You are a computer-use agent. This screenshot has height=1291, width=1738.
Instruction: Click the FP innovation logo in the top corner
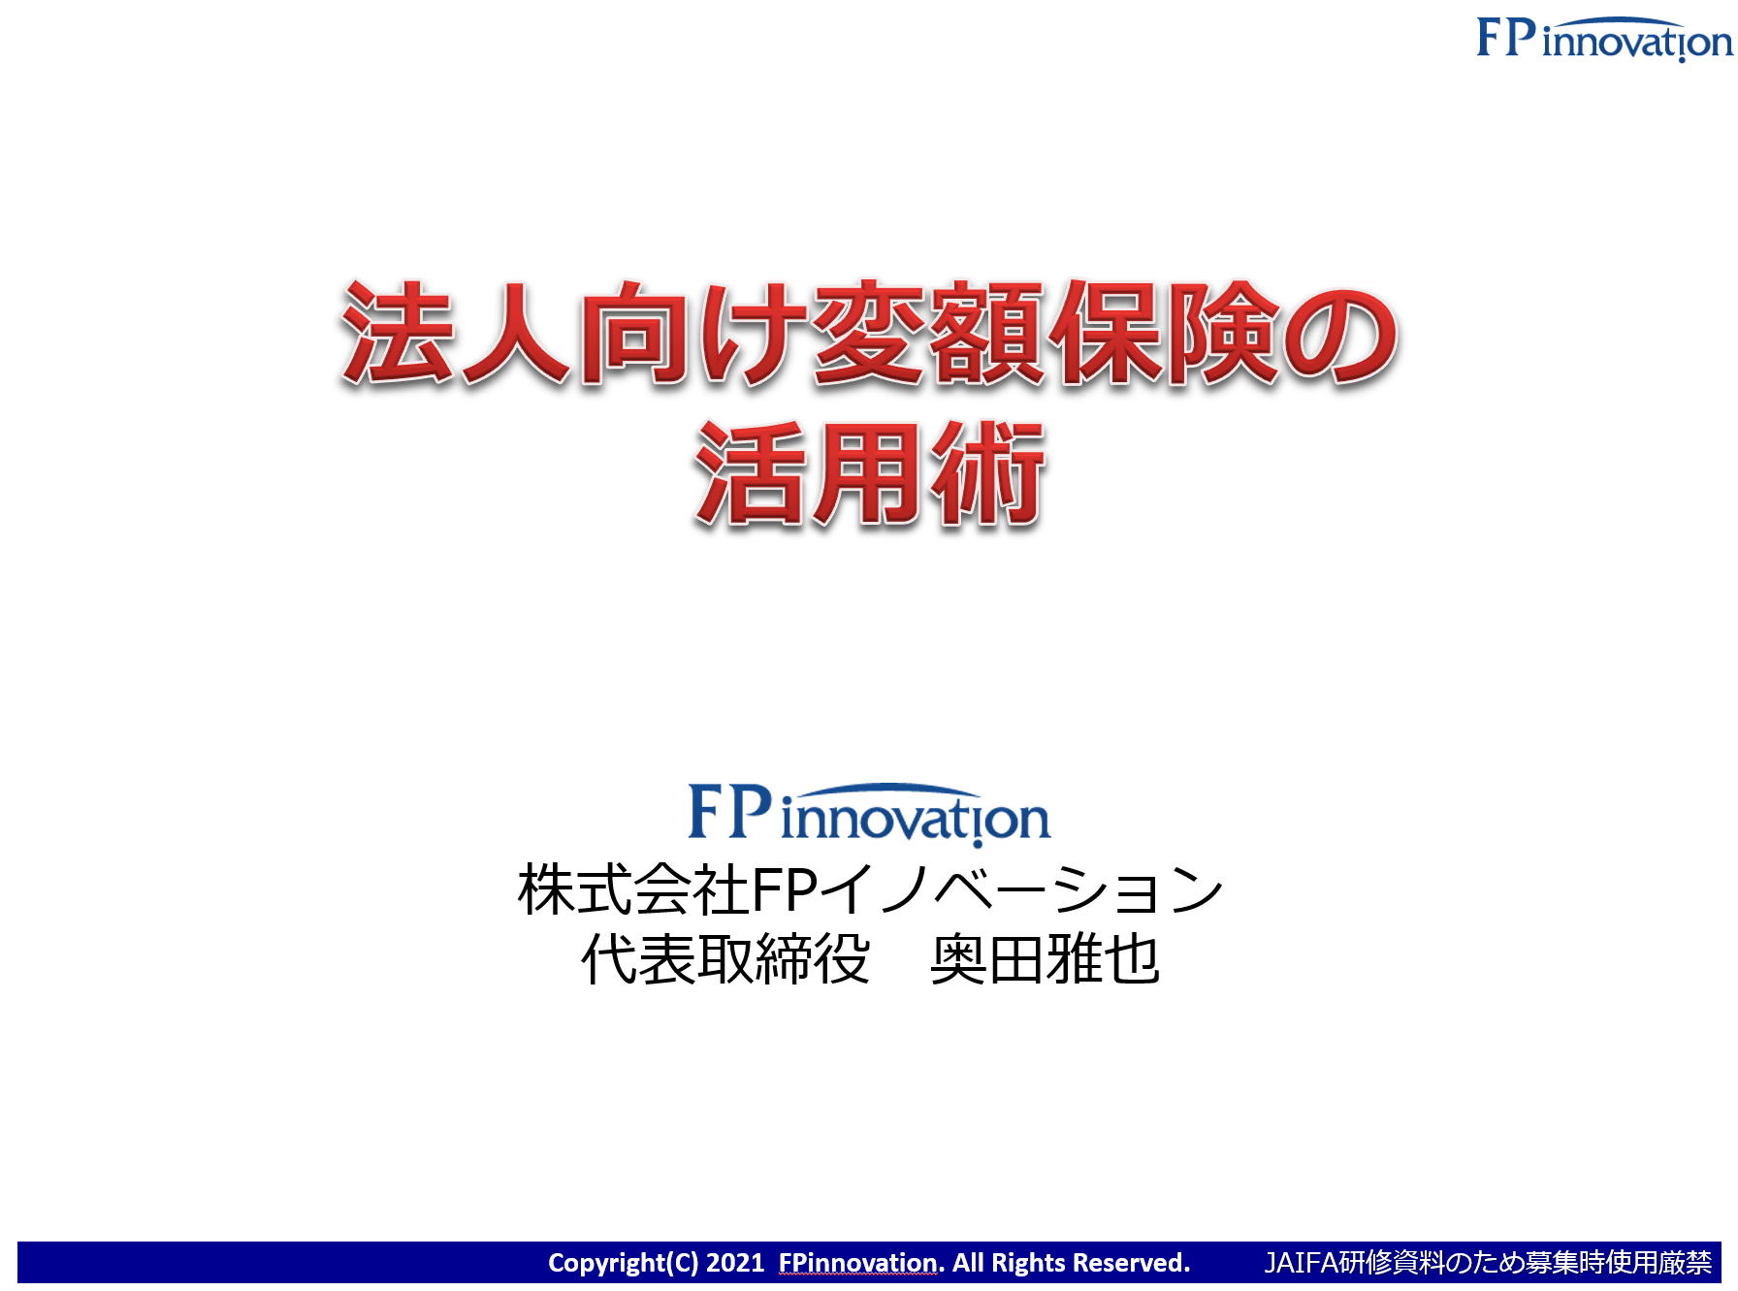(1604, 39)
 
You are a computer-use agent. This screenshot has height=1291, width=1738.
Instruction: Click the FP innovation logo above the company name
(869, 814)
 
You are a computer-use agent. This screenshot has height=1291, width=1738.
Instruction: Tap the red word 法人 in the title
(455, 334)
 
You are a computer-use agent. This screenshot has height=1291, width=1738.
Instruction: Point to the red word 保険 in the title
(1165, 334)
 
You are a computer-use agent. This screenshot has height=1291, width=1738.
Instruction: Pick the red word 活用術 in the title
(870, 474)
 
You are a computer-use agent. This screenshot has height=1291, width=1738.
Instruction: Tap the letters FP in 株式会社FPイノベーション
(785, 890)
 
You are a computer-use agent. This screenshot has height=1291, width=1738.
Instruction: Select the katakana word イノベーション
(1021, 890)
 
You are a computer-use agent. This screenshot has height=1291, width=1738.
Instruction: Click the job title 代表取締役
(724, 959)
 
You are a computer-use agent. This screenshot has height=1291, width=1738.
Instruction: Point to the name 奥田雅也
(1045, 959)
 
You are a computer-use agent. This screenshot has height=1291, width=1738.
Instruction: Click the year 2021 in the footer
(735, 1262)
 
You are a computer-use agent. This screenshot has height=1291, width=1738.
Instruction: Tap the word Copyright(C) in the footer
(623, 1263)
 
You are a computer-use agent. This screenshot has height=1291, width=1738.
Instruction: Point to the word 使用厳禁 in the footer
(1658, 1262)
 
